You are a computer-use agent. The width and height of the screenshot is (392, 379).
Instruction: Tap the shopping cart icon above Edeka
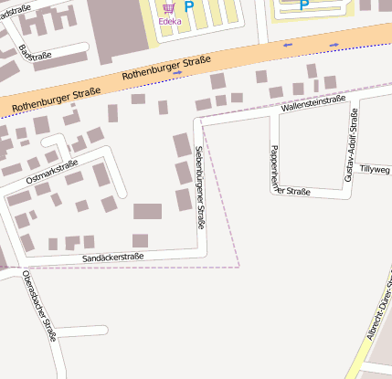(168, 7)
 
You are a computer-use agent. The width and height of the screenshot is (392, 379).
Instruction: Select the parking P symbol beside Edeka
(189, 6)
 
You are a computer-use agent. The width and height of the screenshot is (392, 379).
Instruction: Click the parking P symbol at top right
(304, 5)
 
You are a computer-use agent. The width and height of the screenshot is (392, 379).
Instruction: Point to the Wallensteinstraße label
(313, 104)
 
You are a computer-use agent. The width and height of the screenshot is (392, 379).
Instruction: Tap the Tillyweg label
(375, 170)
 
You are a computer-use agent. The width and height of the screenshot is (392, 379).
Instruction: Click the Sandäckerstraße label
(113, 258)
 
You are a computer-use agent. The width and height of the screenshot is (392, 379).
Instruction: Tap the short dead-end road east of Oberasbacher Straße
(82, 331)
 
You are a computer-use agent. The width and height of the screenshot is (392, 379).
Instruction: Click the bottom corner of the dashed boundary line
(238, 267)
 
